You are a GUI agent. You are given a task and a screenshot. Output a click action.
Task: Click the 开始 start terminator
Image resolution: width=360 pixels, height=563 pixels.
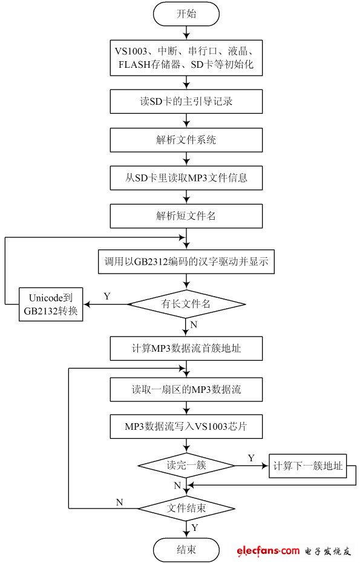tap(186, 15)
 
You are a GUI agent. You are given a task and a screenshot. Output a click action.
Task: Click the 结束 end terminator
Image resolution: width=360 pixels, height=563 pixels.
tap(186, 549)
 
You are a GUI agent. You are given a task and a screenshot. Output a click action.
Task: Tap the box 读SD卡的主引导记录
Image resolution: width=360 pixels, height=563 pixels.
tap(186, 101)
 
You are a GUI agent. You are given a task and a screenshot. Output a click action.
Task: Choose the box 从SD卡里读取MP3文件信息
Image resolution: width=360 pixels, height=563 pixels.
tap(186, 178)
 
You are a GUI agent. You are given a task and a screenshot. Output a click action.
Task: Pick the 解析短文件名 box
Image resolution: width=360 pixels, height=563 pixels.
tap(186, 216)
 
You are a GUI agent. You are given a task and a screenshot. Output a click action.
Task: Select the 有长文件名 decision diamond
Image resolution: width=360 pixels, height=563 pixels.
tap(186, 304)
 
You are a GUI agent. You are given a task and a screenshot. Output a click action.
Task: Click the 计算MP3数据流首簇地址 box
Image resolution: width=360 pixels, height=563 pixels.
tap(186, 348)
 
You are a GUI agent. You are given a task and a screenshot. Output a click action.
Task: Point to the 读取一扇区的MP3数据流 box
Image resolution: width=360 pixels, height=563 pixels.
tap(186, 389)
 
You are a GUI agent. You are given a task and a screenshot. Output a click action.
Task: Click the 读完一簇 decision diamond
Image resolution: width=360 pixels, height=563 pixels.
tap(186, 466)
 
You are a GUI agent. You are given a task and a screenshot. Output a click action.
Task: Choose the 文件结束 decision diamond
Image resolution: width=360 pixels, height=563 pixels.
tap(186, 507)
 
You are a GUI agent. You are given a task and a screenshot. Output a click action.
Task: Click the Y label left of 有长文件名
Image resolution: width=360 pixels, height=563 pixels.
tap(107, 296)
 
